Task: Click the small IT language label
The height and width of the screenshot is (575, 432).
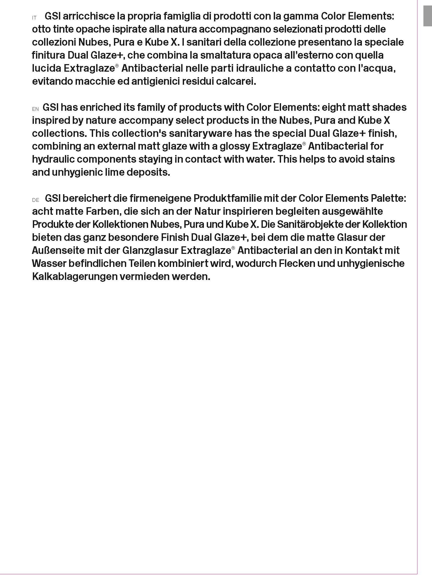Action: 34,18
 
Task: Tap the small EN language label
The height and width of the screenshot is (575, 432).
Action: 35,109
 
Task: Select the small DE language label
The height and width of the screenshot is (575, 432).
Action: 36,200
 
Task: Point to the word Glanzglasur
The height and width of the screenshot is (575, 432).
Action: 150,250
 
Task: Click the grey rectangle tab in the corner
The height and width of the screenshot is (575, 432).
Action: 428,16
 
